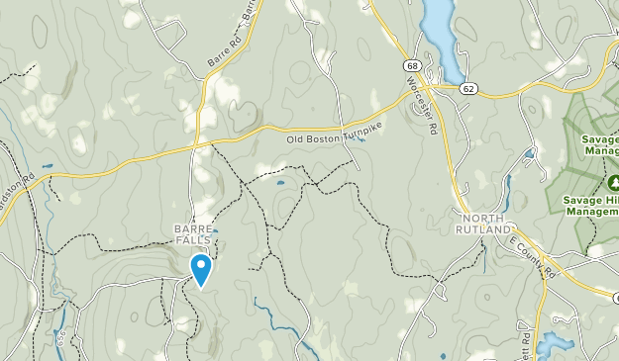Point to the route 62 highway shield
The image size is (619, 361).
467,88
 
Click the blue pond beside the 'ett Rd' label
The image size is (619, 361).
552,344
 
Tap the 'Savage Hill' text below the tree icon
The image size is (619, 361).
591,200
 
